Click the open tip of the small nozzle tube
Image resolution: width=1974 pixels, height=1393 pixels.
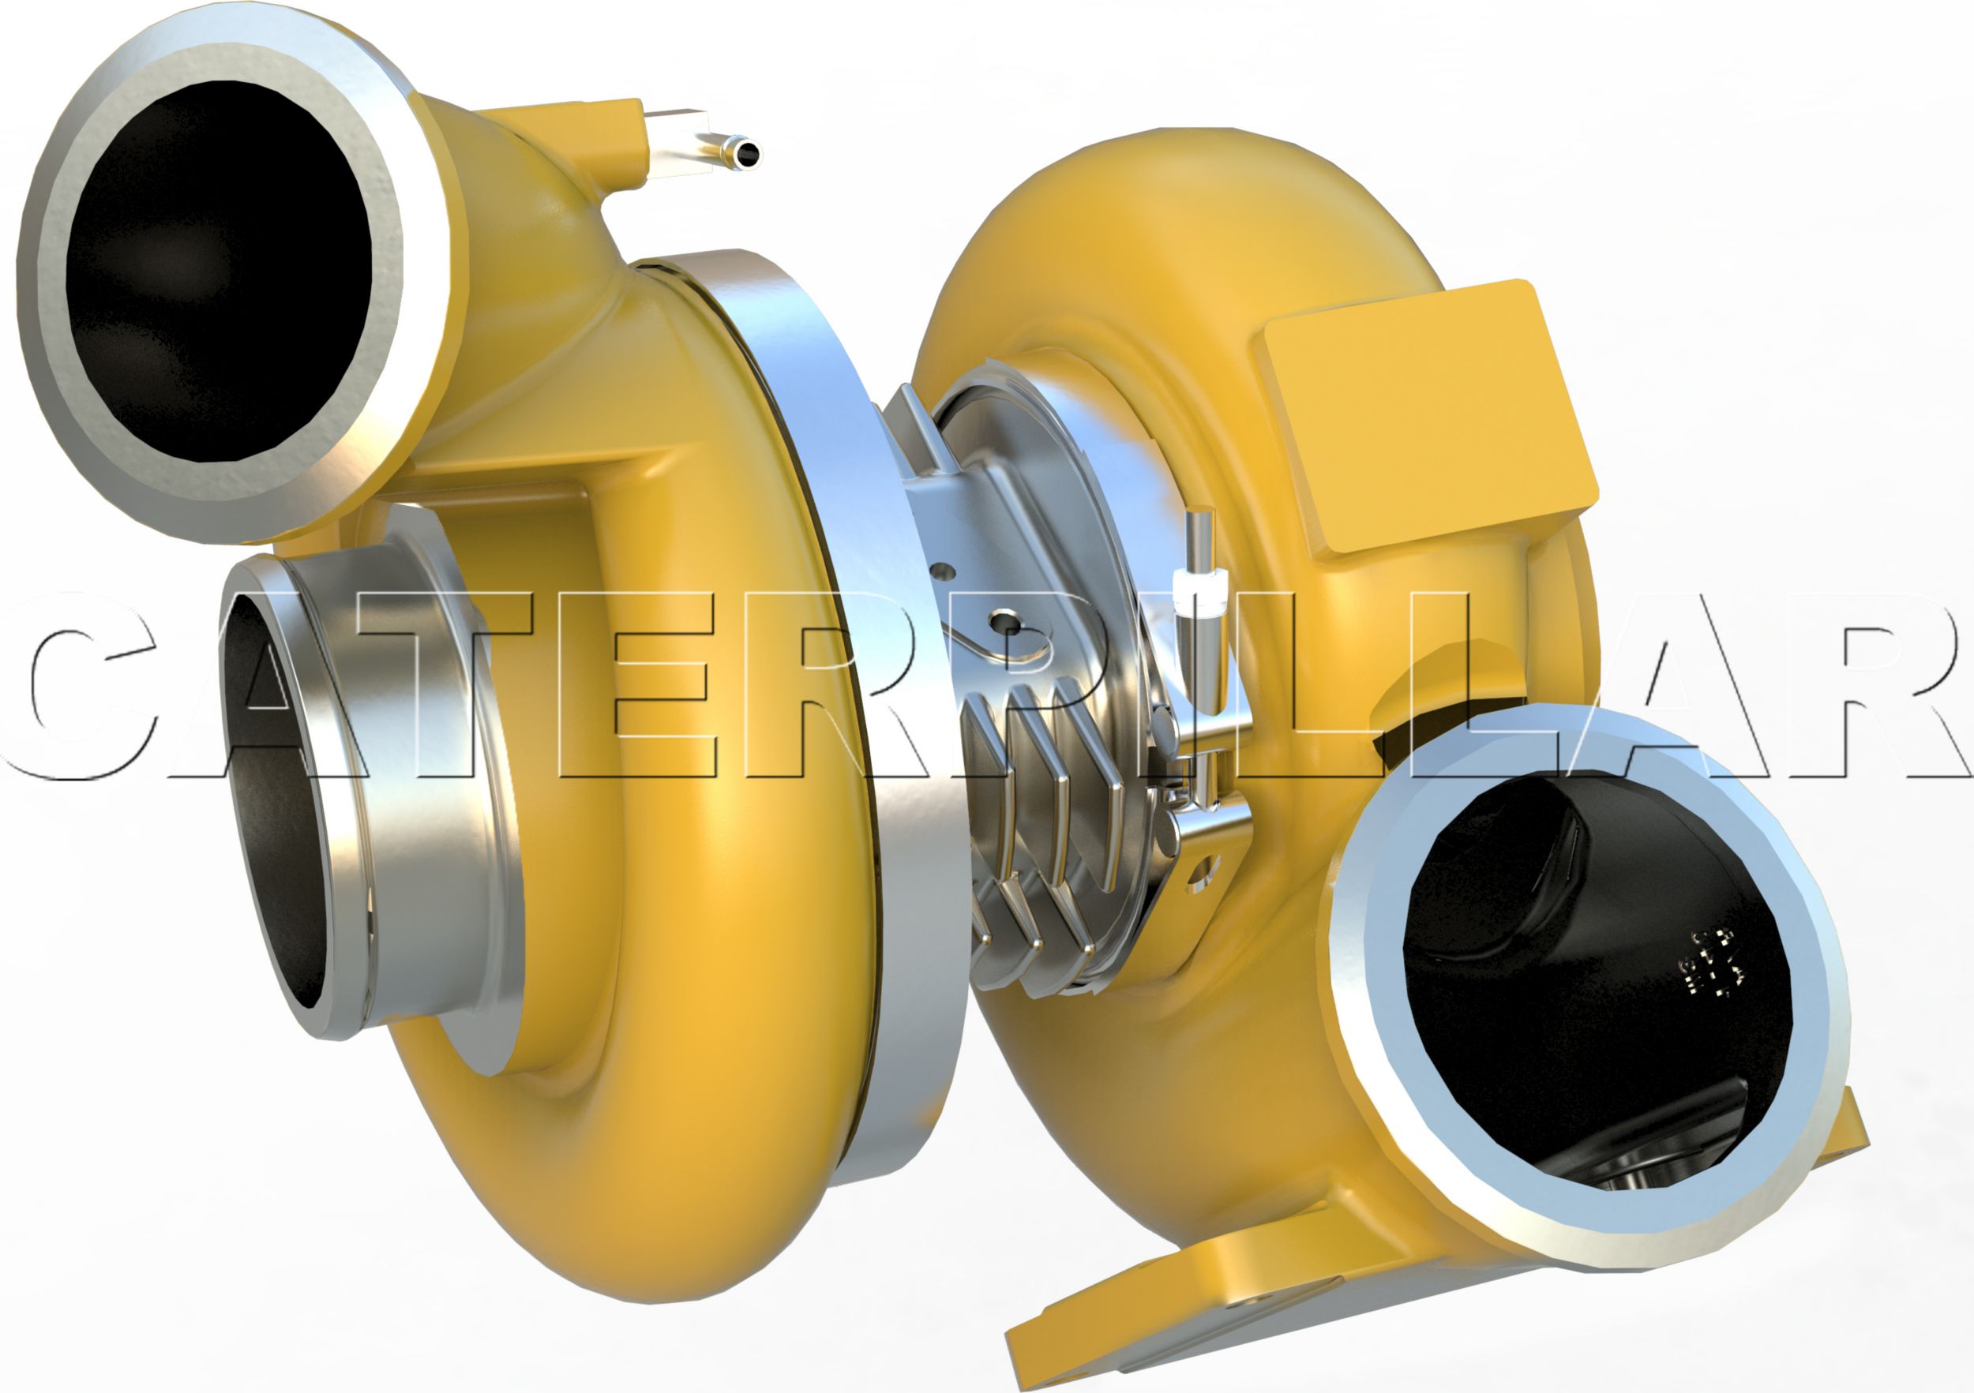point(747,154)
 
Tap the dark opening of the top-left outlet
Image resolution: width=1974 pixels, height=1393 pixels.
point(219,271)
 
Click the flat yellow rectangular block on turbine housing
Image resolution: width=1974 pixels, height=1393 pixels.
point(1427,413)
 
